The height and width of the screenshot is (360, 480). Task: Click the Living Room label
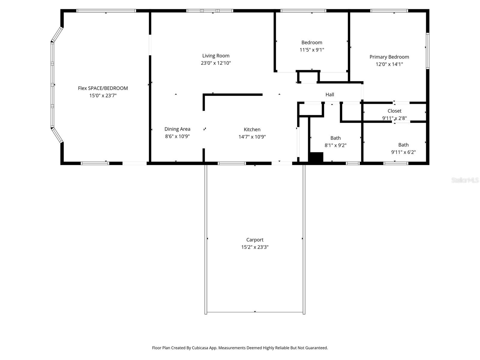(216, 55)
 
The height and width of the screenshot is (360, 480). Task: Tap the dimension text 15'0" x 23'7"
(103, 95)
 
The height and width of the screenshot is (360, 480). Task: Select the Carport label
(255, 240)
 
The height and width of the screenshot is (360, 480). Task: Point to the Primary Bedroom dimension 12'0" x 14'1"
(389, 64)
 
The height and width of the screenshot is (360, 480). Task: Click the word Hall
(330, 94)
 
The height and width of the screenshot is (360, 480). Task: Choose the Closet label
(394, 111)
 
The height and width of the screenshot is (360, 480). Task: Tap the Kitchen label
(252, 129)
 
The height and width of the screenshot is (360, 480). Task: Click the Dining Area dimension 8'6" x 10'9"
(177, 136)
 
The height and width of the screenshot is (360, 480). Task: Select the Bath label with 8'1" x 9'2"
(335, 138)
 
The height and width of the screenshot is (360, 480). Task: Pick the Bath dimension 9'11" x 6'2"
(403, 152)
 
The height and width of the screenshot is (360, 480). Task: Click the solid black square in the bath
(316, 157)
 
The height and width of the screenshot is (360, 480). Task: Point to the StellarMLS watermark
(465, 180)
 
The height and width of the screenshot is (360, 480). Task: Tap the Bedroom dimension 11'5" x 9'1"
(312, 50)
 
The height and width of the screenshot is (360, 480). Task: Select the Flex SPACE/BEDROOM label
(103, 88)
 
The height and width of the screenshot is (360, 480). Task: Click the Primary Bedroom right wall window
(427, 51)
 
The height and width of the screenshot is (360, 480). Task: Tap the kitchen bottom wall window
(232, 163)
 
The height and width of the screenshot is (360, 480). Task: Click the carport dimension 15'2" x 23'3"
(255, 247)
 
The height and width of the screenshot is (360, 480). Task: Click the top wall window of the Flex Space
(106, 11)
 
